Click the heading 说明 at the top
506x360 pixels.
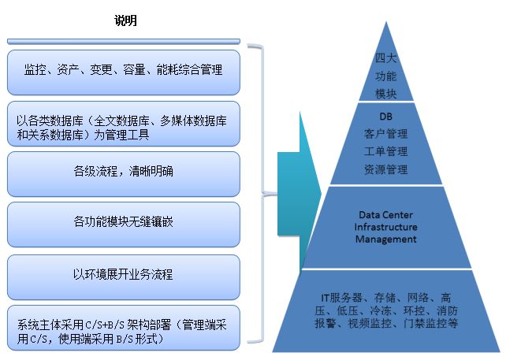(125, 20)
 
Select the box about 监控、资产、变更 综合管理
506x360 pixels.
(124, 72)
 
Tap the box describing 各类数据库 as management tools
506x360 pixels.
(124, 124)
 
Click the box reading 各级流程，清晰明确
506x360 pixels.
(124, 174)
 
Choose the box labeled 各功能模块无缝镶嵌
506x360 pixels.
(124, 225)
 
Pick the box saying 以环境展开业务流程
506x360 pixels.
(124, 277)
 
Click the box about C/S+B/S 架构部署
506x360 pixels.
(124, 328)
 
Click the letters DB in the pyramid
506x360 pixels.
(386, 116)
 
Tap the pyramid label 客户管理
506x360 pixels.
(385, 134)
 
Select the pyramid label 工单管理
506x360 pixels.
(385, 151)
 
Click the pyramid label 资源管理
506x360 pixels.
(385, 169)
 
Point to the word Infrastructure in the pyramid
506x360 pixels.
(385, 227)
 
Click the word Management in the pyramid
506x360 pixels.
(386, 239)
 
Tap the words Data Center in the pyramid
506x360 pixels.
(386, 215)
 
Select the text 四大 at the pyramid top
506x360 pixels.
(385, 58)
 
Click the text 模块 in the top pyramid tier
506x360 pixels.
(385, 94)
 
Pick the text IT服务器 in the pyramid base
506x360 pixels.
(341, 298)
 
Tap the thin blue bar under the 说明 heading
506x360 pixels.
(124, 41)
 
